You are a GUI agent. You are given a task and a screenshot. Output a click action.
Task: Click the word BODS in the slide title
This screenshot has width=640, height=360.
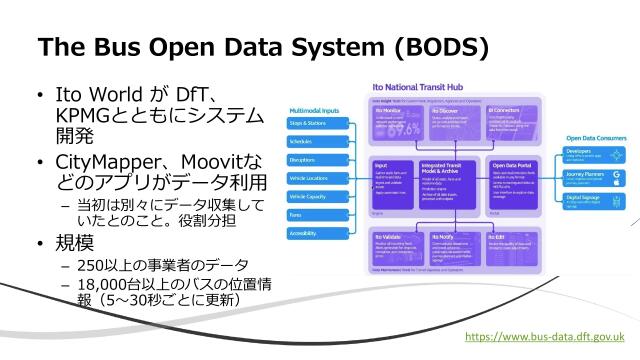coord(437,47)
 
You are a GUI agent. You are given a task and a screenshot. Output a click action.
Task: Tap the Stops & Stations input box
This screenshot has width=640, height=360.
coord(317,124)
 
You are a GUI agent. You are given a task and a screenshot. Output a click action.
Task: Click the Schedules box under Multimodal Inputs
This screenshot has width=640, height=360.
coord(317,142)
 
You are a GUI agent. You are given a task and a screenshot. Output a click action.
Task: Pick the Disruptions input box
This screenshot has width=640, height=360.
coord(317,160)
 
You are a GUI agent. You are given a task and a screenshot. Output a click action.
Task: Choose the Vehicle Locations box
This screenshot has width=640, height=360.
coord(317,178)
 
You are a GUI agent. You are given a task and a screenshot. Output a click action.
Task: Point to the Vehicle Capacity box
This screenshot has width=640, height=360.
coord(317,197)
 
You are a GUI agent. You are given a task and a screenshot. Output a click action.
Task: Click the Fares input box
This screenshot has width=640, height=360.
coord(317,215)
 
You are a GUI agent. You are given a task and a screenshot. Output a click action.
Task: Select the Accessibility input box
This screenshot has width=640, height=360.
coord(317,233)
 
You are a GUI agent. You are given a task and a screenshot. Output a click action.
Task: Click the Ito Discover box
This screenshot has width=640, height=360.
coord(454,125)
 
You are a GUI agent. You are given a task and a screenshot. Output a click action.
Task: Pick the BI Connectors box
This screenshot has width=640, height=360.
coord(512,125)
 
